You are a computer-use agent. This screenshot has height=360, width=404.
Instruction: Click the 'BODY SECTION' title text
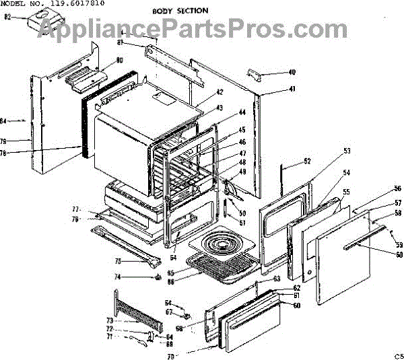[x=180, y=11]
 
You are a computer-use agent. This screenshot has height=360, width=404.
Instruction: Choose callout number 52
[x=307, y=161]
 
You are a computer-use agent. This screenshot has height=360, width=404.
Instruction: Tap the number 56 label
[x=397, y=188]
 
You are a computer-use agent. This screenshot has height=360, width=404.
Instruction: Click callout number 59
[x=399, y=244]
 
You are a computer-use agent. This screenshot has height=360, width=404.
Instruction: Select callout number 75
[x=118, y=261]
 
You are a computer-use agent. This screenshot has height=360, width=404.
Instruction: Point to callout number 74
[x=118, y=277]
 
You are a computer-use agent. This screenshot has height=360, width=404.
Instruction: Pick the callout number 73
[x=110, y=321]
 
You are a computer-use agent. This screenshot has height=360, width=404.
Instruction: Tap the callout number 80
[x=119, y=61]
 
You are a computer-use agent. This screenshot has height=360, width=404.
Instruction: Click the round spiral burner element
[x=219, y=248]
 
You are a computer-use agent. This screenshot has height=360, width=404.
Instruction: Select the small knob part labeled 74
[x=157, y=276]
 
